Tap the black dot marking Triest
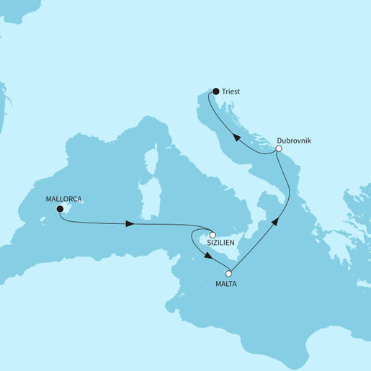(215, 91)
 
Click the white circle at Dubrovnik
(279, 148)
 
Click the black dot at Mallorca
(60, 210)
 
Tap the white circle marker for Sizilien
(213, 234)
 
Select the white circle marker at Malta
(229, 274)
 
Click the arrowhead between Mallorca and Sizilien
(130, 224)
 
